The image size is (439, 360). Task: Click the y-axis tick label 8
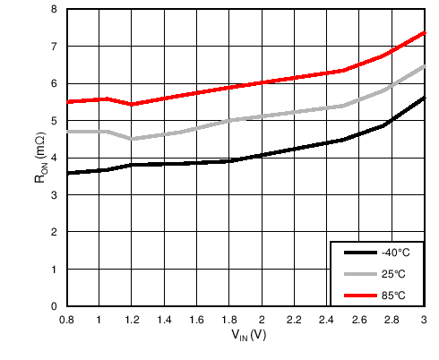click(x=54, y=9)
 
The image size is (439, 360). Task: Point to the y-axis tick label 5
click(x=54, y=120)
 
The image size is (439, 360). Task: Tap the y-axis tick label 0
click(x=54, y=306)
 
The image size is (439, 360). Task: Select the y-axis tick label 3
click(x=54, y=194)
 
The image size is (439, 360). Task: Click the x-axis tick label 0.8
click(x=66, y=320)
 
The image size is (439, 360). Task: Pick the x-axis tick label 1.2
click(x=132, y=320)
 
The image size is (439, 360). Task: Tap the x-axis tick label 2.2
click(x=294, y=320)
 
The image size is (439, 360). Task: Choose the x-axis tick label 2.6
click(x=359, y=320)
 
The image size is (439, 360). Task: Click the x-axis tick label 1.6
click(x=196, y=320)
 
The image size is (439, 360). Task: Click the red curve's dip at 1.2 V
click(x=132, y=105)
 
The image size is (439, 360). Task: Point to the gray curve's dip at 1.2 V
click(x=132, y=139)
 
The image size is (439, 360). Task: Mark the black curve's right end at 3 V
click(x=423, y=98)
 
